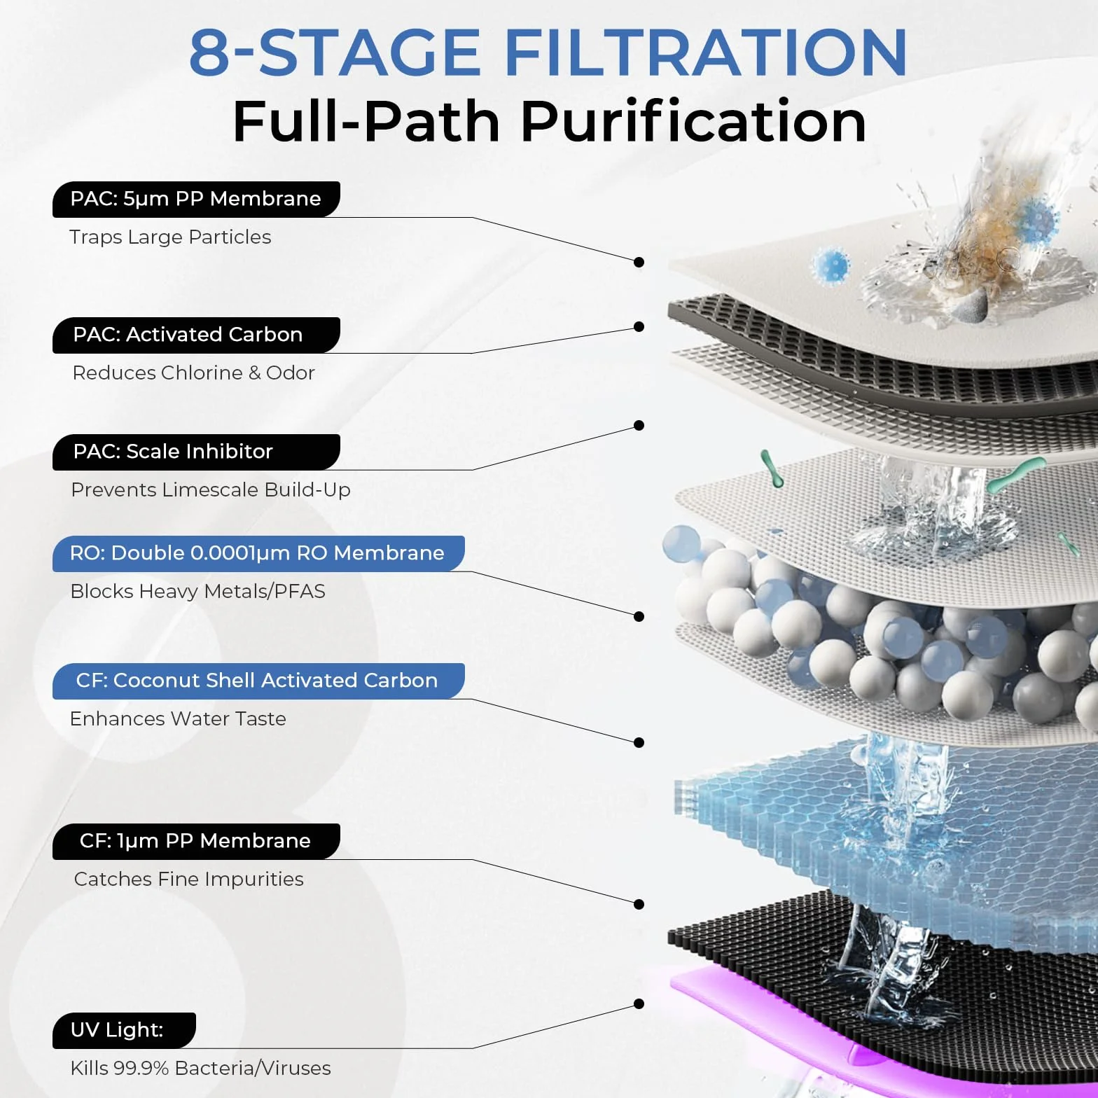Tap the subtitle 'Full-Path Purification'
coord(549,121)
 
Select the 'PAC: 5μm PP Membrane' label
coord(196,199)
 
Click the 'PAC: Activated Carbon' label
coord(196,335)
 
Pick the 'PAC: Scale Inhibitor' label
coord(196,452)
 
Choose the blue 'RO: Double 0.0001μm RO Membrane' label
coord(258,553)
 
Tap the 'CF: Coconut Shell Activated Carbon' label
coord(258,681)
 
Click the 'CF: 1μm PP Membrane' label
coord(196,841)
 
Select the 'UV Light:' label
coord(124,1030)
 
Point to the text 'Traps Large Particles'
coord(170,237)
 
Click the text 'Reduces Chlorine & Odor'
coord(194,373)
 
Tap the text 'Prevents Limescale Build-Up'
coord(211,489)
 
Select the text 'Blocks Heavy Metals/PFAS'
coord(198,592)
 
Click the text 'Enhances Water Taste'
coord(178,718)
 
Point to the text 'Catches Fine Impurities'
coord(189,880)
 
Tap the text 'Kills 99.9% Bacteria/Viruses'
coord(201,1068)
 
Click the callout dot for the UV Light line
coord(639,1004)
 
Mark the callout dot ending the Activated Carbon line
coord(639,327)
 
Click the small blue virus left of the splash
coord(832,266)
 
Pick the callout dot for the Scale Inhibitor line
coord(639,426)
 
